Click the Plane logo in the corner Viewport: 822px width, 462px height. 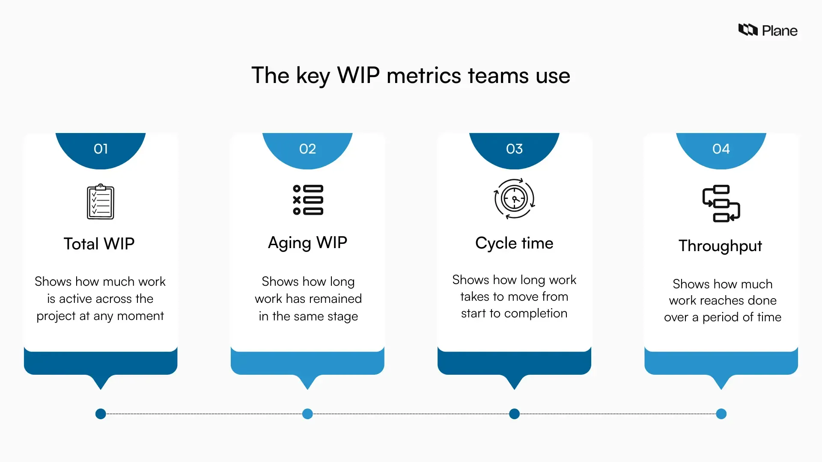pos(767,30)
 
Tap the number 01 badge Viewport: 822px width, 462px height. pos(101,149)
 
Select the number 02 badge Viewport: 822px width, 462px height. pos(307,149)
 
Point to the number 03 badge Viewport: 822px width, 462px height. pos(514,149)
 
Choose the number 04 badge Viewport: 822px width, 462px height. pos(721,149)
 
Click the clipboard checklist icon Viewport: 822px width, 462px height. pos(101,201)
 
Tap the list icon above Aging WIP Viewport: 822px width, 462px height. pos(308,200)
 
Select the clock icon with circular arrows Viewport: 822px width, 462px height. pos(514,199)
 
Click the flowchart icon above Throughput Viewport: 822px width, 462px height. pos(721,204)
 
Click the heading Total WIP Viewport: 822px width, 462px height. pos(99,244)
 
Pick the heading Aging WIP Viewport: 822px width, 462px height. pos(307,243)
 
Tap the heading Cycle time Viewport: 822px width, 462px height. pos(514,243)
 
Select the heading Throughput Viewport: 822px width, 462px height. pos(720,246)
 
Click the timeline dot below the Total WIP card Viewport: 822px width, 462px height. pos(101,414)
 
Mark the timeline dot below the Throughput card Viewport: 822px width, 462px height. pos(721,414)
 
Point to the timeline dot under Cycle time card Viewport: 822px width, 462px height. pos(514,414)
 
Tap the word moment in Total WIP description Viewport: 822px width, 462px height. pos(140,316)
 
